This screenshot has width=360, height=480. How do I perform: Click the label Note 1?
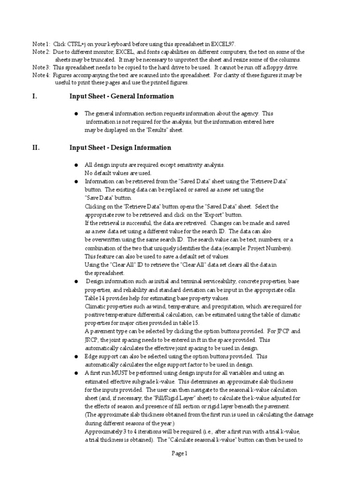click(x=41, y=44)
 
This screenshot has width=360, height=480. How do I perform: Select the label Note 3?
click(x=41, y=67)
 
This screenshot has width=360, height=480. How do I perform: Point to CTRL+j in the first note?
click(x=78, y=44)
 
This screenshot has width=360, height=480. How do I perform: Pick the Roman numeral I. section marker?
click(x=35, y=97)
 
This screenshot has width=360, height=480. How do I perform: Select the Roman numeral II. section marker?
click(x=36, y=148)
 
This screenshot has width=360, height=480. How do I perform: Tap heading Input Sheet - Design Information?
click(x=120, y=148)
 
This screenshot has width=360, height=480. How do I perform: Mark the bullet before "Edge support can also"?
click(x=76, y=357)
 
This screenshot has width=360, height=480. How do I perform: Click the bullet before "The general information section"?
click(x=76, y=114)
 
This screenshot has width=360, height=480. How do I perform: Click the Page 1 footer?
click(x=180, y=453)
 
